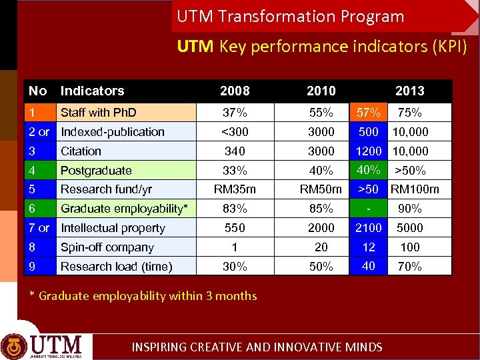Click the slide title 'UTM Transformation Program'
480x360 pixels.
pos(291,16)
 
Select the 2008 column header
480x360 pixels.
pos(235,91)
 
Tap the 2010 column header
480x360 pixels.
pos(321,91)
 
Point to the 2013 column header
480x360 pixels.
pos(409,91)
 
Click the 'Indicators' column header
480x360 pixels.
pos(92,91)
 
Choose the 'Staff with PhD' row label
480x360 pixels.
pos(98,113)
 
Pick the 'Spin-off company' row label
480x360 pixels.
pos(107,247)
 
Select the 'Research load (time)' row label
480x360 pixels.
pos(116,267)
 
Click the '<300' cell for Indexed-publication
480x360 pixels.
pos(235,132)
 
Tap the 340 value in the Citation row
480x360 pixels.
pos(235,151)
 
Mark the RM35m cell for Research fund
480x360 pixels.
pos(235,189)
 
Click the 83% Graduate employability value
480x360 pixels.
pos(235,209)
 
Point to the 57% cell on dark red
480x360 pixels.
pos(369,112)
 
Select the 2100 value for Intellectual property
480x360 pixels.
pos(369,228)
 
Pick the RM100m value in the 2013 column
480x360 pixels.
pos(415,189)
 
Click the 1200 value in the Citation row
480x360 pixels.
pos(369,151)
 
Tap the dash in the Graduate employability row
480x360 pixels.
pos(369,209)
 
